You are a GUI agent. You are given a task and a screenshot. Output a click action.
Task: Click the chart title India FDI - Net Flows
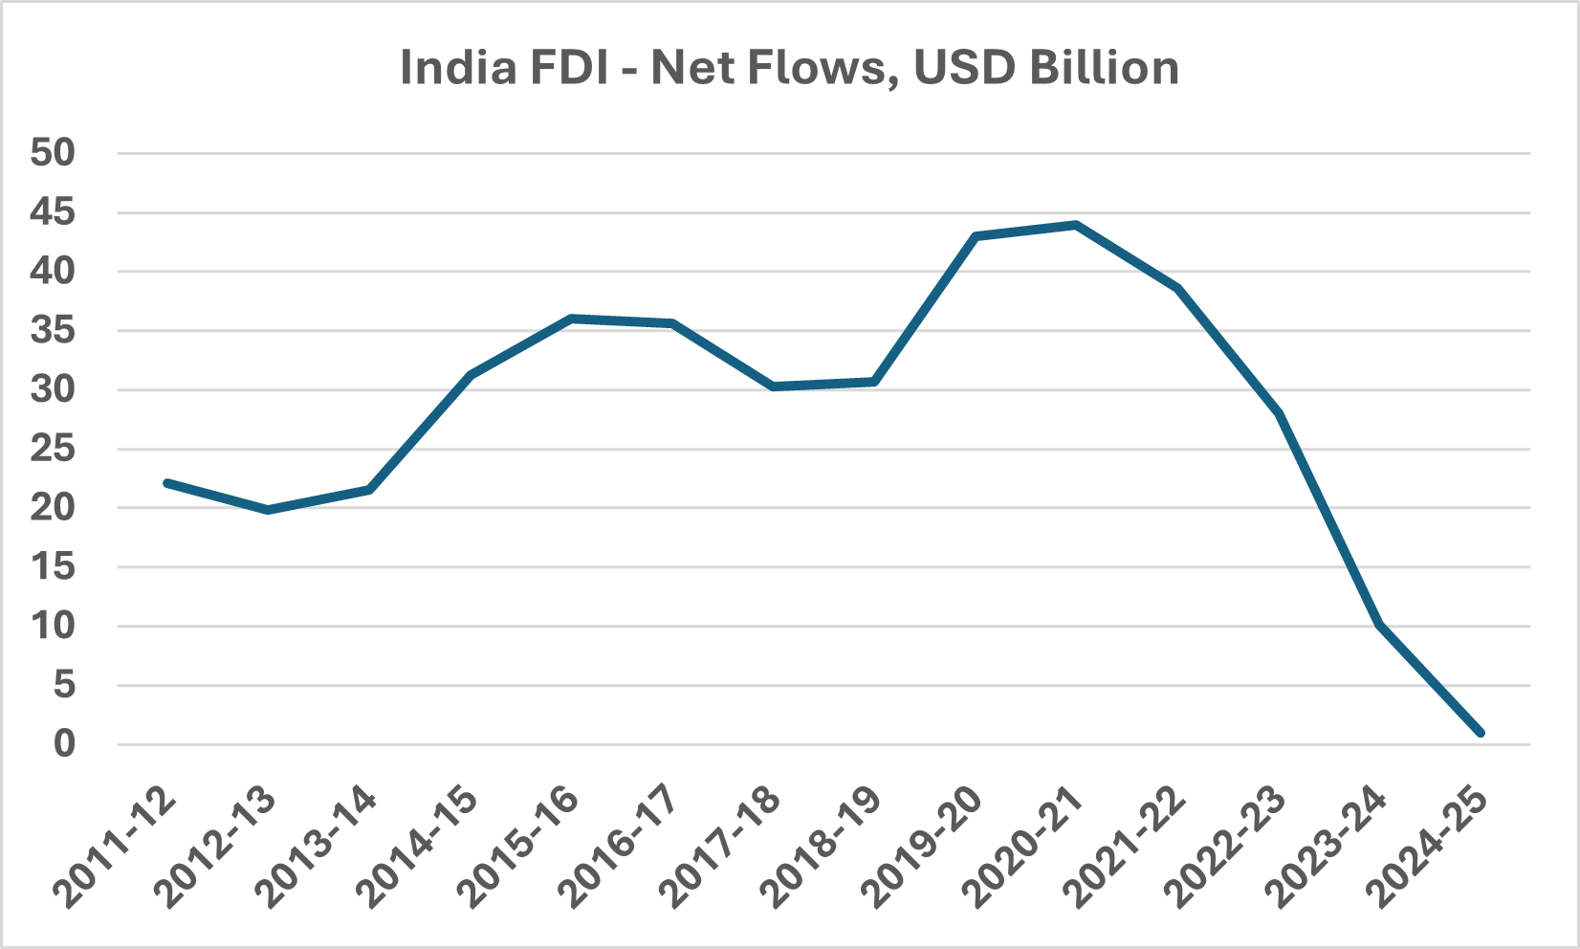click(789, 68)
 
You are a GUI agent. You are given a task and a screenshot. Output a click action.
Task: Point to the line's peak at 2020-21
click(1076, 225)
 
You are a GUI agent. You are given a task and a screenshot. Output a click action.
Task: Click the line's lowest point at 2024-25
click(1481, 733)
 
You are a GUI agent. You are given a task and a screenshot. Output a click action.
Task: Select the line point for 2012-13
click(268, 510)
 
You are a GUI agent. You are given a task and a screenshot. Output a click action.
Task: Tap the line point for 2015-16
click(571, 319)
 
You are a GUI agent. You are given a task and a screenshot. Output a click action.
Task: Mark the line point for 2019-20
click(976, 235)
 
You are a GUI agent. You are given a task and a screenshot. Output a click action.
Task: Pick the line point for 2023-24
click(1379, 625)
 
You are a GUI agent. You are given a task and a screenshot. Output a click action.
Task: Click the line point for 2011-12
click(167, 483)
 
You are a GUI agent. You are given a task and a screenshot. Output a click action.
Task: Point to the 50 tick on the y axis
click(53, 153)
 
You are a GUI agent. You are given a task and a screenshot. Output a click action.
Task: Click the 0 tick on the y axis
click(64, 744)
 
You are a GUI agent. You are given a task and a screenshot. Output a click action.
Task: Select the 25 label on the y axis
click(53, 449)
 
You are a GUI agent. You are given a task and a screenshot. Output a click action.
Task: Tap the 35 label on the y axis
click(53, 331)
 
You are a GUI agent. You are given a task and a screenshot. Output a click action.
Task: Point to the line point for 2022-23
click(1279, 413)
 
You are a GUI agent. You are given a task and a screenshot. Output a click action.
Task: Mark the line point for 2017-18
click(773, 386)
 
